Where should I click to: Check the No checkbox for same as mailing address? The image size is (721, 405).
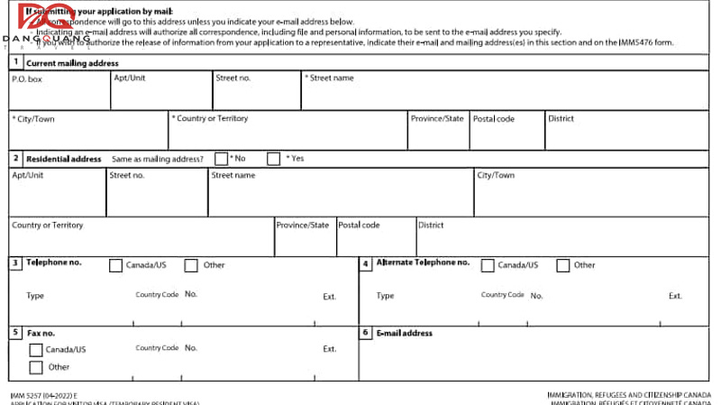coord(221,159)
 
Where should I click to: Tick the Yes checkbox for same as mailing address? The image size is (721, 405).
coord(274,159)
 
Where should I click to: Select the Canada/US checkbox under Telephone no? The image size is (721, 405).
coord(115,265)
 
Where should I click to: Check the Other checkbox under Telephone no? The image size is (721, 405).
coord(191,265)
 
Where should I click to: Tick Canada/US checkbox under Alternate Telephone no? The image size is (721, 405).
coord(488,265)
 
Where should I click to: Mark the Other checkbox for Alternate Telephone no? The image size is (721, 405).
coord(563,265)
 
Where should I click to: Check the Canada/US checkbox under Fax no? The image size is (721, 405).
coord(36,350)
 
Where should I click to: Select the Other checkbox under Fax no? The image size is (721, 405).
coord(36,367)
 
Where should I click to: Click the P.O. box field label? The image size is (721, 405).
coord(27,78)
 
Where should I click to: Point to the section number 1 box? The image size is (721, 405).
coord(15,63)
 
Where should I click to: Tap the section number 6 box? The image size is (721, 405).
coord(365,333)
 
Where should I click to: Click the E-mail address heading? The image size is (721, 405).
coord(404,333)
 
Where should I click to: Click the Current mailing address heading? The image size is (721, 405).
coord(72,63)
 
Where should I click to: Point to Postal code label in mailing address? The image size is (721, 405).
coord(494,119)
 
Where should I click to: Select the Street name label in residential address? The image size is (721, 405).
coord(233,175)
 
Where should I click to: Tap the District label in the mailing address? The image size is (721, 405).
coord(561,119)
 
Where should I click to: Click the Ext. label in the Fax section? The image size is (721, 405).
coord(330,348)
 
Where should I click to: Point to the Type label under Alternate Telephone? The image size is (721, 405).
coord(385,296)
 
